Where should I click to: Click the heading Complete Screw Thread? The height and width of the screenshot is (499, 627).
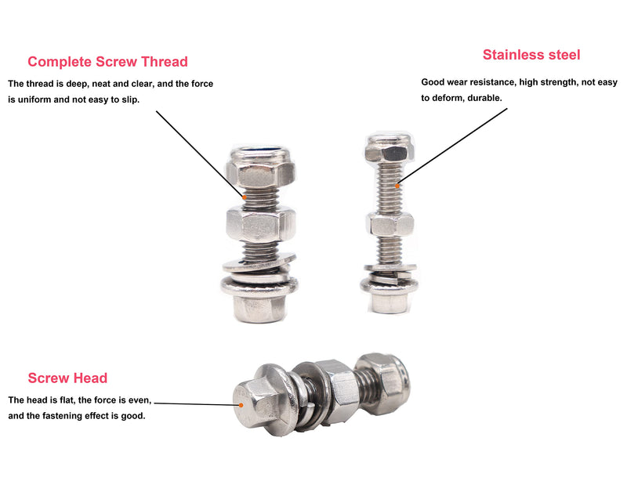pos(107,62)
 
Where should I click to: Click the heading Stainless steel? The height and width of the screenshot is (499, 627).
pos(531,55)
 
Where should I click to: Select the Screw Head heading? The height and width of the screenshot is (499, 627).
pos(67,378)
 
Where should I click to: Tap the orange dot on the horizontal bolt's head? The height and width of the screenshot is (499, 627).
pos(241,405)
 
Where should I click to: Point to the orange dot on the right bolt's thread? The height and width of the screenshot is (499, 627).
pos(397,186)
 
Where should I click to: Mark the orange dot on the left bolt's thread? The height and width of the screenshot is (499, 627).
pos(245,197)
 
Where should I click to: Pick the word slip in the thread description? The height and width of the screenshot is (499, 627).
pos(130,100)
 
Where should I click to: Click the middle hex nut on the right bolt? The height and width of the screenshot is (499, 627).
pos(390,224)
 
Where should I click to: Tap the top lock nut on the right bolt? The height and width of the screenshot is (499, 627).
pos(389,148)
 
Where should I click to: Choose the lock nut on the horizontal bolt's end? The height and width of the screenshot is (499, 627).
pos(382,383)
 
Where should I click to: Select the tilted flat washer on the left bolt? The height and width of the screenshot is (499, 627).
pos(259,262)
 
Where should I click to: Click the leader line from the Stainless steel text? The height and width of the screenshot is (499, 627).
pos(452,147)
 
